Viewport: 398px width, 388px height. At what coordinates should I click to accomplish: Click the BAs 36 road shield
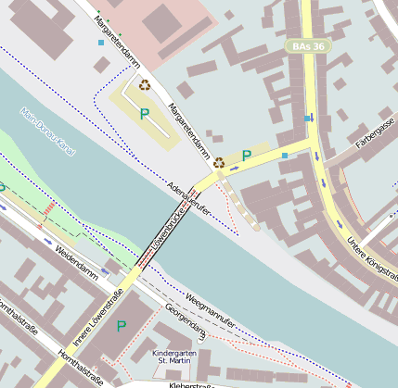[x=307, y=45]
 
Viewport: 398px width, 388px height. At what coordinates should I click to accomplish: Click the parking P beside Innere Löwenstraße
[x=122, y=326]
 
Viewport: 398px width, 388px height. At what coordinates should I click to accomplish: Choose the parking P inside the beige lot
[x=143, y=114]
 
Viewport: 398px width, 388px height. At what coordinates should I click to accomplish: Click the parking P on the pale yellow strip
[x=246, y=156]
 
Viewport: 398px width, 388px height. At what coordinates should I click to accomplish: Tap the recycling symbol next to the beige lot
[x=145, y=84]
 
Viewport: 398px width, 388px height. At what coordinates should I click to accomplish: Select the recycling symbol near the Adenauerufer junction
[x=218, y=162]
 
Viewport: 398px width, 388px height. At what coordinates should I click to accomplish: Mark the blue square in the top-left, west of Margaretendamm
[x=101, y=43]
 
